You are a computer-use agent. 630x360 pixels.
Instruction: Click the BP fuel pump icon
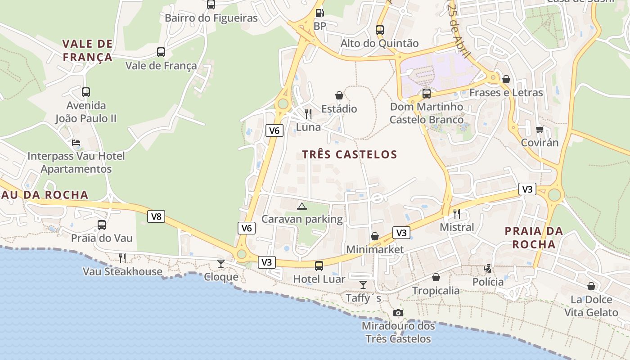click(x=319, y=13)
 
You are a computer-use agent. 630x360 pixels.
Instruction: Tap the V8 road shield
click(x=156, y=216)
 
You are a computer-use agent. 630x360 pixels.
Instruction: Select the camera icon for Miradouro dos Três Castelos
click(x=398, y=313)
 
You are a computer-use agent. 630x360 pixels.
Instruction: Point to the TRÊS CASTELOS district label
click(x=350, y=155)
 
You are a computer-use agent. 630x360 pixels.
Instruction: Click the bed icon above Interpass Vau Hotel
click(x=76, y=143)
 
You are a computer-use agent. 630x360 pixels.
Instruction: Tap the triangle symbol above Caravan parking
click(x=301, y=206)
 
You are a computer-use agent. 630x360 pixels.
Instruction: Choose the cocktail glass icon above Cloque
click(x=220, y=263)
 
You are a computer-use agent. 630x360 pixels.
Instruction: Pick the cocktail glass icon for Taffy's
click(x=363, y=284)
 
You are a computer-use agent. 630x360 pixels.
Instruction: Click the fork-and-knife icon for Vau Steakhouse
click(x=122, y=258)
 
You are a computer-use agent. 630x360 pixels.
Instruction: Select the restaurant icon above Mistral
click(x=457, y=213)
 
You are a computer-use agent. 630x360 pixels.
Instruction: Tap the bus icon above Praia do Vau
click(x=102, y=225)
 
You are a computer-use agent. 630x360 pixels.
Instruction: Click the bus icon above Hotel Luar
click(x=319, y=265)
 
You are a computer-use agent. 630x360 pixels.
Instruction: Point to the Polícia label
click(x=488, y=282)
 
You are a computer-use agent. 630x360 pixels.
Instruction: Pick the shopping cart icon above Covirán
click(x=540, y=130)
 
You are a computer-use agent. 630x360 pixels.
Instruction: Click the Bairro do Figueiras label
click(x=211, y=18)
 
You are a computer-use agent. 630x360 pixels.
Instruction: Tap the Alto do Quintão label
click(x=379, y=44)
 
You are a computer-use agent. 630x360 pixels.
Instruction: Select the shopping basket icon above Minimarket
click(x=374, y=236)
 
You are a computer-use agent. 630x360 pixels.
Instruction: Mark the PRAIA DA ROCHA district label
click(x=534, y=238)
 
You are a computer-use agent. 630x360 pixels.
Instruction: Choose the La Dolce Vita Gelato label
click(x=591, y=306)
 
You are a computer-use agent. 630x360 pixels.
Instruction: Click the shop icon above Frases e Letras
click(x=506, y=79)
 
